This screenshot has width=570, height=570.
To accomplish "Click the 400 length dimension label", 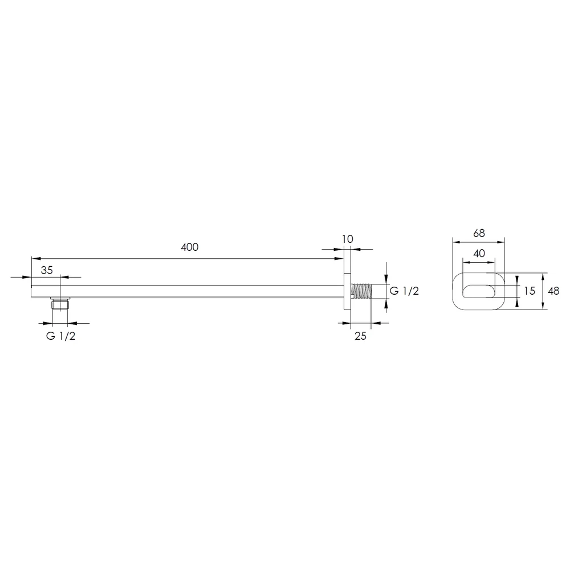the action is pos(189,247).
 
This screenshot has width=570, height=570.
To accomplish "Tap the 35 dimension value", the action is pos(47,270).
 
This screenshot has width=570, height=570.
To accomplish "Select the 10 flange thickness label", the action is pos(348,239).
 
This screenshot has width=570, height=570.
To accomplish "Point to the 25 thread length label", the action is pos(360,336).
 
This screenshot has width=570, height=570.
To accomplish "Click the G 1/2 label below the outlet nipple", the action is pos(61,336).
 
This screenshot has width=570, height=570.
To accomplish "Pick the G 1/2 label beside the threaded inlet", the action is pos(404,291).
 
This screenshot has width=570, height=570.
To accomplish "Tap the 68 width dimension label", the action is pos(479,233).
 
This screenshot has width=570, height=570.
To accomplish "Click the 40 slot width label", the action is pos(479,254).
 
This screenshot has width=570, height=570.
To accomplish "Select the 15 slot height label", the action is pos(530,291).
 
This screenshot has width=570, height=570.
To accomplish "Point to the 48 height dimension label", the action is pos(553,291).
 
